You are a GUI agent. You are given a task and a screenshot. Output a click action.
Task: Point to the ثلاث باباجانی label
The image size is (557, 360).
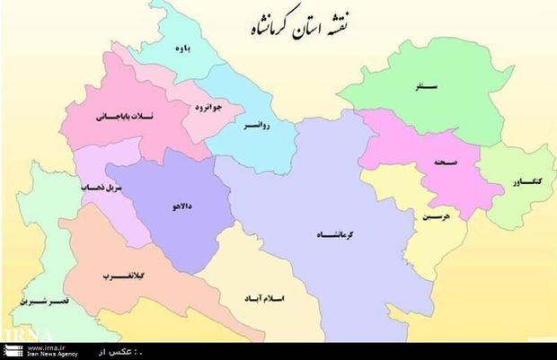pos(117,117)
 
